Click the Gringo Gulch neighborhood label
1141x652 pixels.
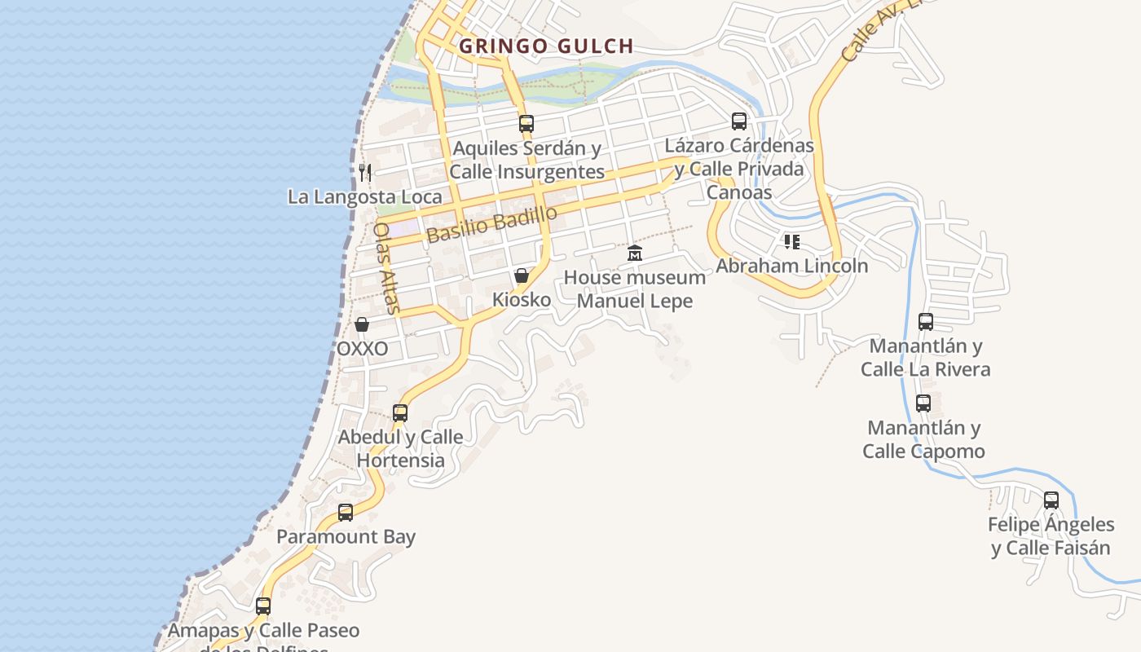click(x=546, y=46)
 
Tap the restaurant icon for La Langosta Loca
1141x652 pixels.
click(x=365, y=172)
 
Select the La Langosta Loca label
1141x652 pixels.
click(x=365, y=196)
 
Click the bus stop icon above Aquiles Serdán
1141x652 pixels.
click(x=526, y=124)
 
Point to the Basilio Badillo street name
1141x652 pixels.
click(x=491, y=222)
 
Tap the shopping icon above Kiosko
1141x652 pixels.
click(x=522, y=275)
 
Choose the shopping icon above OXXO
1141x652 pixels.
click(x=362, y=324)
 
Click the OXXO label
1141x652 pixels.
click(x=362, y=349)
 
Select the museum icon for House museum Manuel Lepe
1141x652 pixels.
click(x=635, y=253)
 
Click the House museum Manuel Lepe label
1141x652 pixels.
click(x=635, y=289)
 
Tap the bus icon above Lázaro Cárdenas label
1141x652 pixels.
click(x=739, y=121)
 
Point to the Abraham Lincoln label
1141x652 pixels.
click(x=792, y=266)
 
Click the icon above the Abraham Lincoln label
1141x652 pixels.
click(x=792, y=241)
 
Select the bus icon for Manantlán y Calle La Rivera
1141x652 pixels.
click(x=926, y=321)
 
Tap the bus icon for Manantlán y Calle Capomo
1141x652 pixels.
click(x=923, y=403)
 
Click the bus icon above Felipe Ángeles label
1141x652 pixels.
click(x=1051, y=500)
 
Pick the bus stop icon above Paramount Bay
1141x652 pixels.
click(x=346, y=513)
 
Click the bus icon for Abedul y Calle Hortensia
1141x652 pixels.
click(x=400, y=412)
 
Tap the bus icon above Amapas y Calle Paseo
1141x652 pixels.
click(x=263, y=606)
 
